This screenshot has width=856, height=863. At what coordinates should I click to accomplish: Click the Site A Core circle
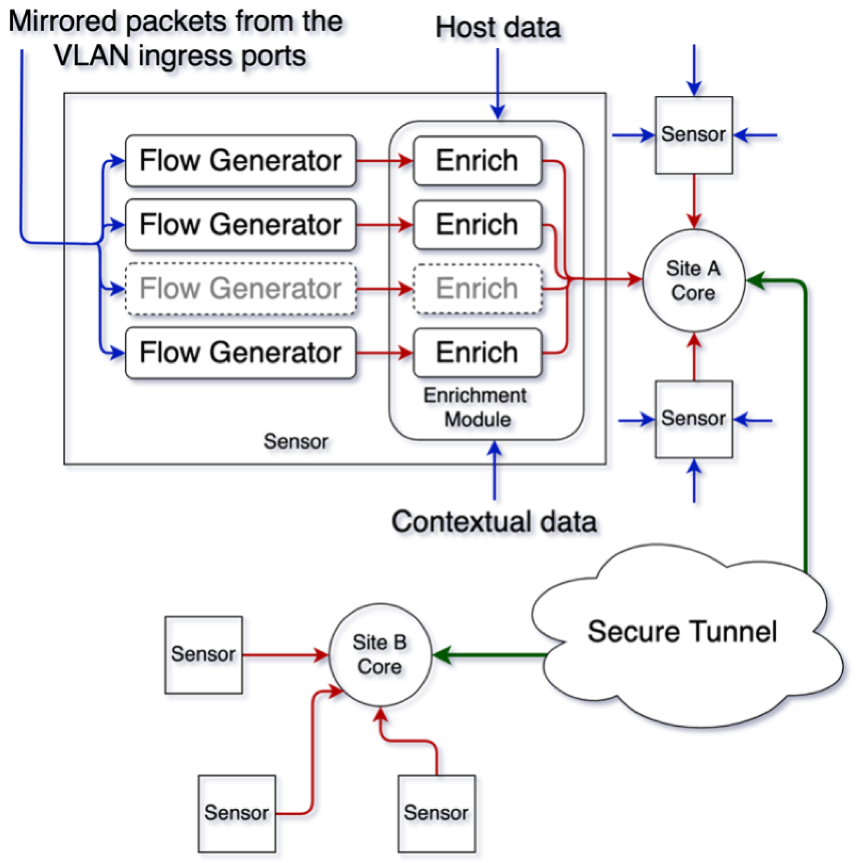pyautogui.click(x=693, y=281)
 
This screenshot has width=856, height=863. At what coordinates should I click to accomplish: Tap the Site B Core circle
pyautogui.click(x=380, y=655)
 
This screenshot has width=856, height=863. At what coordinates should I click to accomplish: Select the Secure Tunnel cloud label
pyautogui.click(x=682, y=631)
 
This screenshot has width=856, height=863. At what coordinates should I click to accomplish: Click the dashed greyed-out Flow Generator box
pyautogui.click(x=241, y=289)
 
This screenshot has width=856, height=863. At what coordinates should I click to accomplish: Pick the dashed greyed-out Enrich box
pyautogui.click(x=477, y=289)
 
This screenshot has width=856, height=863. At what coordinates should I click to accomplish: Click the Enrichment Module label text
pyautogui.click(x=476, y=407)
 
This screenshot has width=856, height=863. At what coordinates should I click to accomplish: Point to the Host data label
pyautogui.click(x=497, y=28)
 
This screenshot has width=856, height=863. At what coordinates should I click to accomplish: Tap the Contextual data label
pyautogui.click(x=494, y=521)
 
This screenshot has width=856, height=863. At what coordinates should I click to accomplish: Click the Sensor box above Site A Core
pyautogui.click(x=694, y=135)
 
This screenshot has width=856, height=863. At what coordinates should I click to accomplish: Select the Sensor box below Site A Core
pyautogui.click(x=694, y=419)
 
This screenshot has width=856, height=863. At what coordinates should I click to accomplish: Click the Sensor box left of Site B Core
pyautogui.click(x=204, y=655)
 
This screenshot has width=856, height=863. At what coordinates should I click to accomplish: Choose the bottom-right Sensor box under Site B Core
pyautogui.click(x=437, y=814)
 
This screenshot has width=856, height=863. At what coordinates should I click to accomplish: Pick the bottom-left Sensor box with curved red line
pyautogui.click(x=237, y=814)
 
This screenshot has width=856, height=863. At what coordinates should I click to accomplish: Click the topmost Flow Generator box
pyautogui.click(x=241, y=161)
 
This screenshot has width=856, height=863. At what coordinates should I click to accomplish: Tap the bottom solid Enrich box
pyautogui.click(x=477, y=353)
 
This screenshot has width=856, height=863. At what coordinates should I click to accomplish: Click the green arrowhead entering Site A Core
pyautogui.click(x=755, y=281)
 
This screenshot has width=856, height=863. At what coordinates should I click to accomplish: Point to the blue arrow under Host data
pyautogui.click(x=497, y=84)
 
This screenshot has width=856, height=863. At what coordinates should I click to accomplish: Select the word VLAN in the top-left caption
pyautogui.click(x=91, y=56)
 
